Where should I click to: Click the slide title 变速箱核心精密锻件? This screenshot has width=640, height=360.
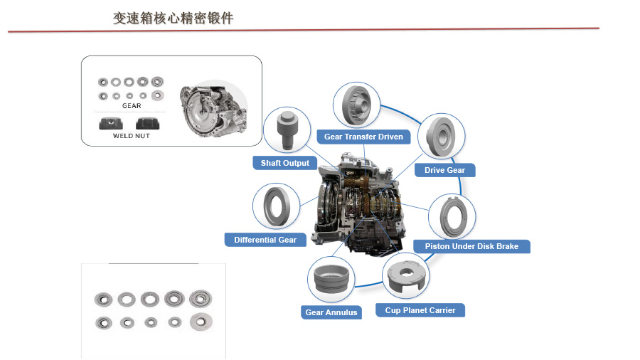(174, 18)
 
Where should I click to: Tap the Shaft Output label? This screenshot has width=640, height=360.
(284, 163)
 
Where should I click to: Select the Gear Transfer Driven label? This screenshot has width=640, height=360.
(363, 136)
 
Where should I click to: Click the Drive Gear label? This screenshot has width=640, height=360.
(444, 170)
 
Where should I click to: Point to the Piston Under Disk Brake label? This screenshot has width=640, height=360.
(471, 246)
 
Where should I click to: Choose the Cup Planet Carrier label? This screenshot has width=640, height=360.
(420, 310)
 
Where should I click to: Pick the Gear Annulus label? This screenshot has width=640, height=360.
(331, 312)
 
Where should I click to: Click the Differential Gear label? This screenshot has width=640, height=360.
(265, 240)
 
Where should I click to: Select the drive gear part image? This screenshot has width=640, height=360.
(441, 137)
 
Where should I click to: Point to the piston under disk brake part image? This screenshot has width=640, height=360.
(451, 216)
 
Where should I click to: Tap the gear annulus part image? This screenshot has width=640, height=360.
(331, 278)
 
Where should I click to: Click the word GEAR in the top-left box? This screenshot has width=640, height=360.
(132, 106)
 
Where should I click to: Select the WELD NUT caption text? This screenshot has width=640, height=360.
(132, 136)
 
